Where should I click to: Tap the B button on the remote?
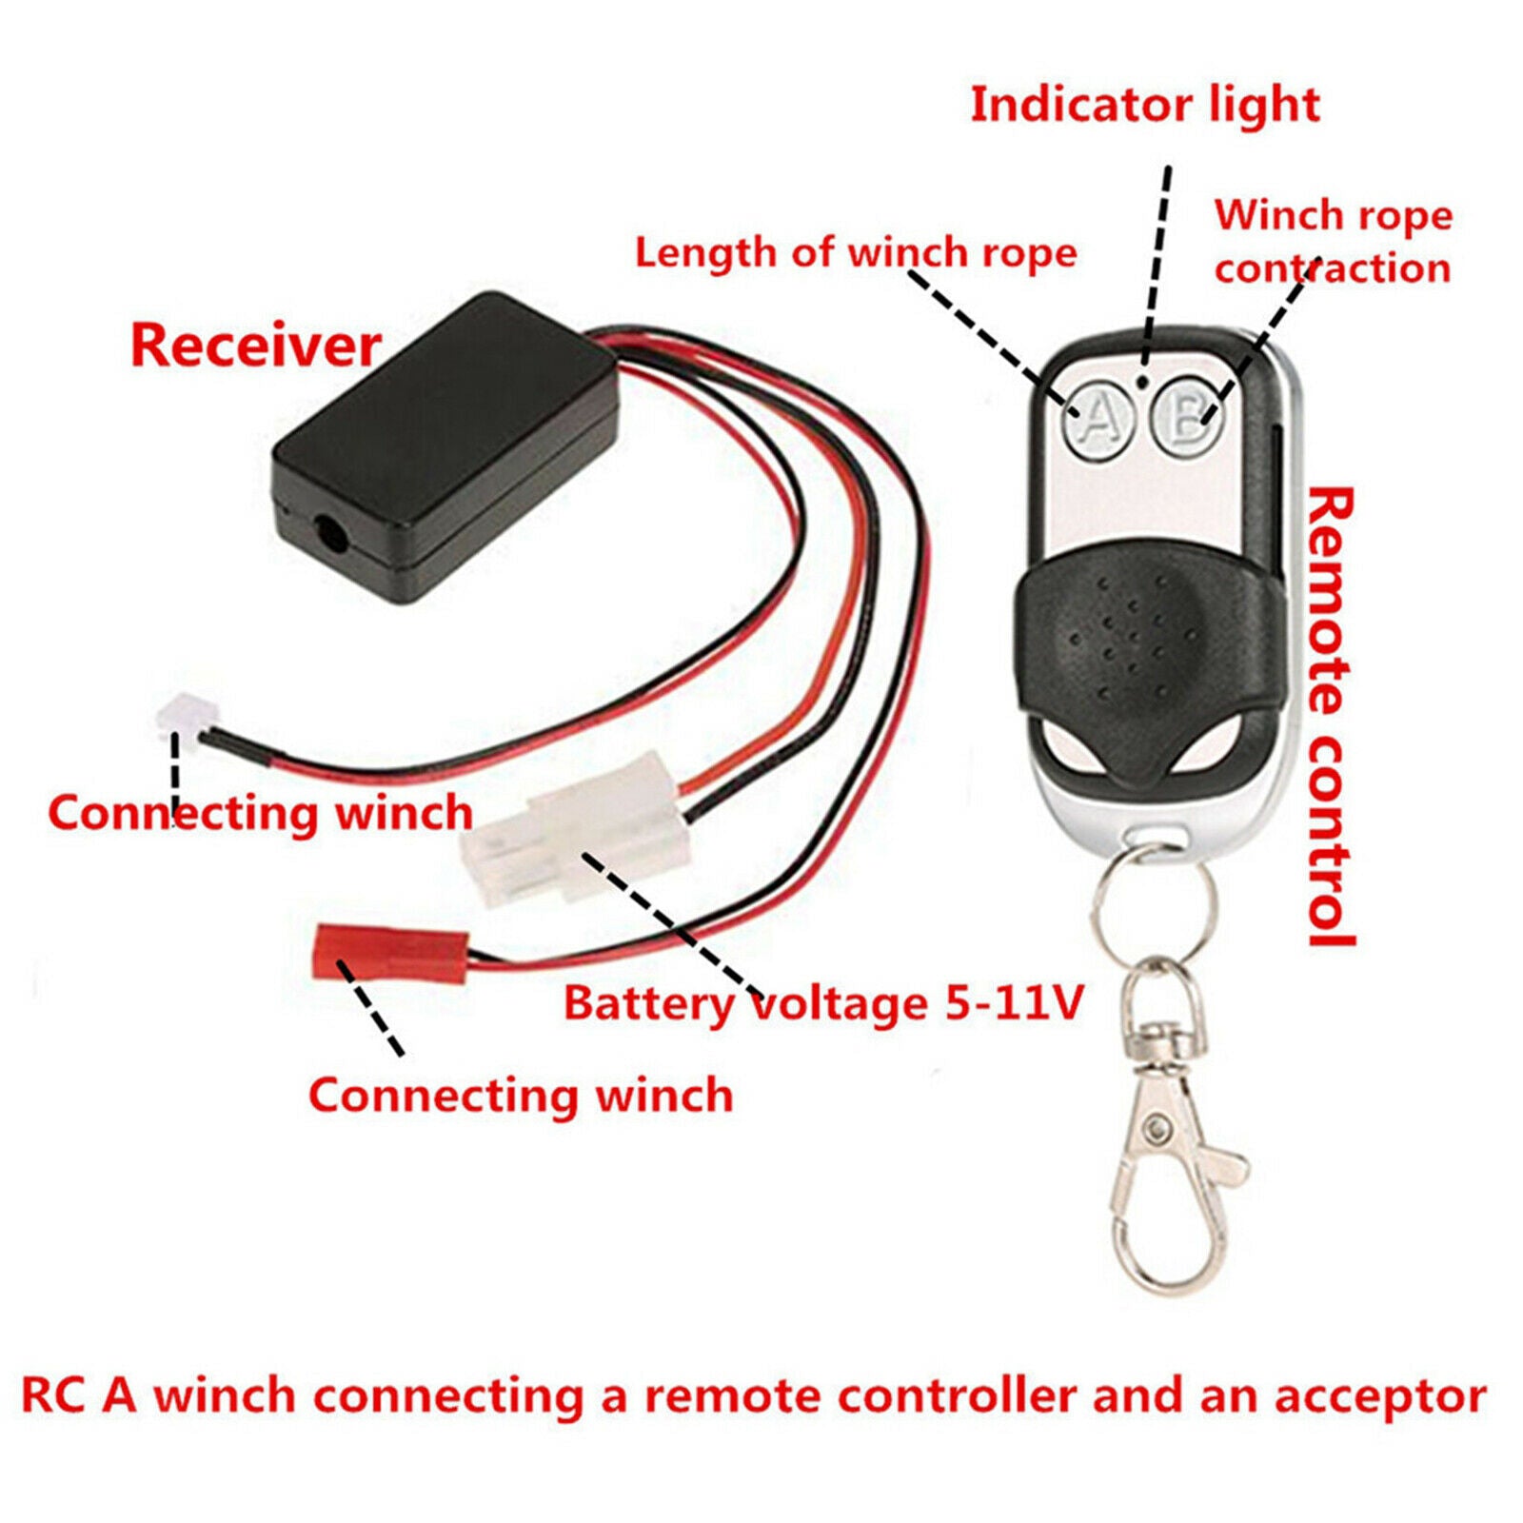click(x=1187, y=416)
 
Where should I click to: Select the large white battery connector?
click(x=576, y=827)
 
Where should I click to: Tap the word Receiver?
click(x=255, y=346)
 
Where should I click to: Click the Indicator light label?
click(x=1144, y=105)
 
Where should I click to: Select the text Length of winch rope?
click(x=856, y=253)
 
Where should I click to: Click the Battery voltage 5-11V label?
click(x=823, y=1003)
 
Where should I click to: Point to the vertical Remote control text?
click(x=1329, y=718)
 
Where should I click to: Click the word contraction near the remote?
click(x=1333, y=268)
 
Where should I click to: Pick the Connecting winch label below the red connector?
click(x=521, y=1095)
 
